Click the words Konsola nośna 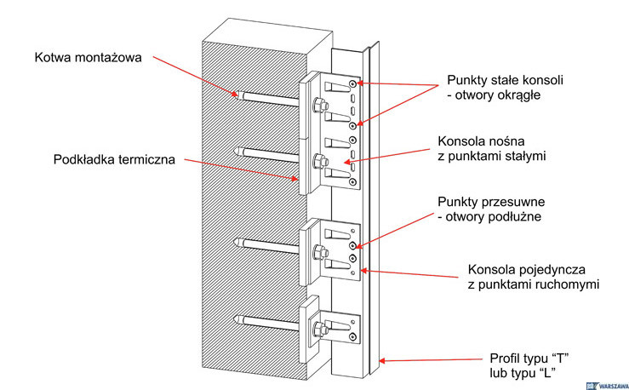pos(479,141)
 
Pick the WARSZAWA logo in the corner pos(606,383)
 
